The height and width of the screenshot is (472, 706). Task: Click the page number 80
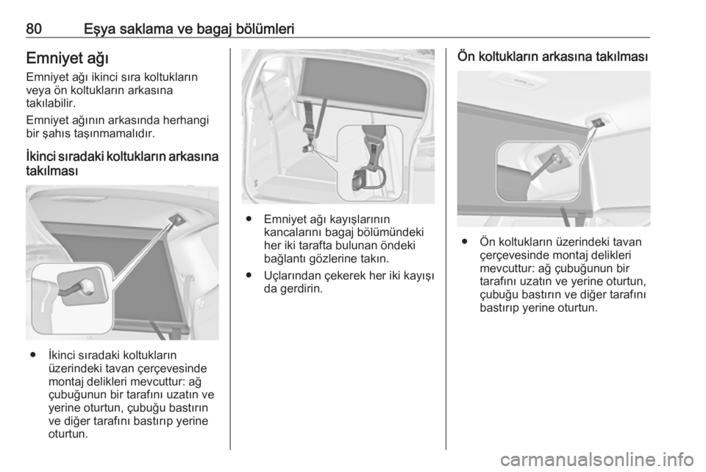(x=34, y=29)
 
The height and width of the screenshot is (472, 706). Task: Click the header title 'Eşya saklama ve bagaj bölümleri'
(x=189, y=29)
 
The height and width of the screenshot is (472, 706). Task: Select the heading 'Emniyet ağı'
(x=68, y=59)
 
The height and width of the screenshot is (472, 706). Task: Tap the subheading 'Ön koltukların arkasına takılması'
(x=552, y=57)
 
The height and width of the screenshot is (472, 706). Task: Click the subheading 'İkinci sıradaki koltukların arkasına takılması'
(x=122, y=164)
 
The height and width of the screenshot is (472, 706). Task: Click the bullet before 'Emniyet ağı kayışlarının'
(x=248, y=219)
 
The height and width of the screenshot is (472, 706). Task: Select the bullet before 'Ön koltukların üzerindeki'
(x=464, y=242)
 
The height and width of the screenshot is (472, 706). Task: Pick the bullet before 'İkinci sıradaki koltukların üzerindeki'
(x=32, y=355)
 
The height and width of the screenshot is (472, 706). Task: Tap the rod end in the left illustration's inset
(x=85, y=285)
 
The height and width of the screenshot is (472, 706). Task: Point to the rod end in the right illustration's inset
(x=556, y=158)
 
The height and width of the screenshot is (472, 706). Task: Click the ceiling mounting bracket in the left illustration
(x=177, y=219)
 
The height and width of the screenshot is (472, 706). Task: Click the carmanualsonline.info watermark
(x=597, y=460)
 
